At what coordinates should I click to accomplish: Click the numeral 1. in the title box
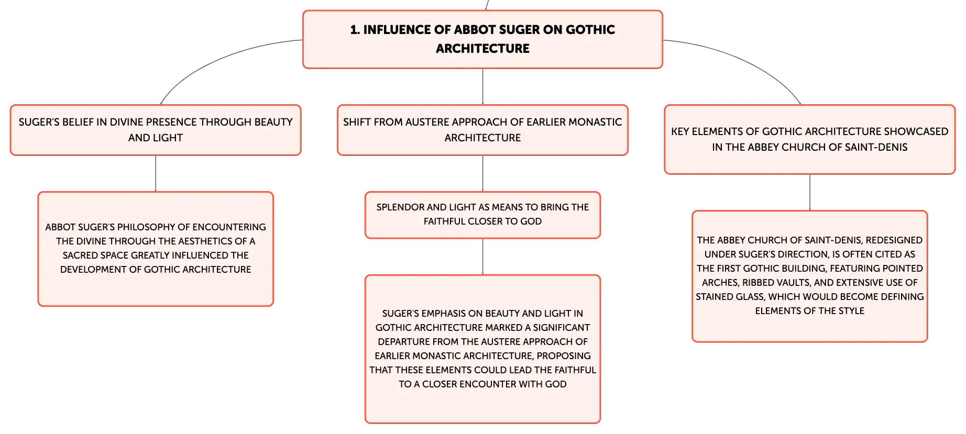tap(355, 30)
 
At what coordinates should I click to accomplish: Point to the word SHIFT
tap(357, 122)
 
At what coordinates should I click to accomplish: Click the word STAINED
tap(713, 297)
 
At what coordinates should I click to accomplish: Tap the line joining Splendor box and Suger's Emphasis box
tap(482, 257)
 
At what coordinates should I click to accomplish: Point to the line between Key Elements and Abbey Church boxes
tap(810, 193)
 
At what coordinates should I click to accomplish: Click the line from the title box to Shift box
tap(482, 87)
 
